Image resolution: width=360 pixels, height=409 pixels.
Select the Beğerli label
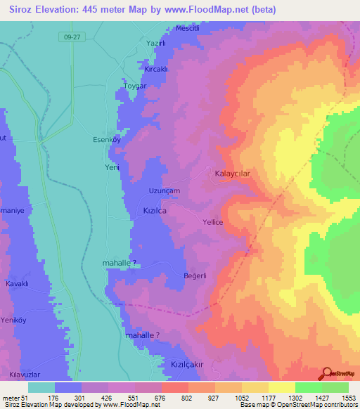(x=194, y=275)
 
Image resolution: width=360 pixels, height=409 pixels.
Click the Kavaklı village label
(x=17, y=283)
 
